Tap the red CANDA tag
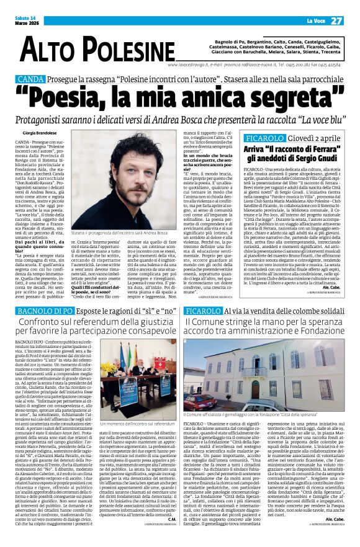(x=30, y=80)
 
